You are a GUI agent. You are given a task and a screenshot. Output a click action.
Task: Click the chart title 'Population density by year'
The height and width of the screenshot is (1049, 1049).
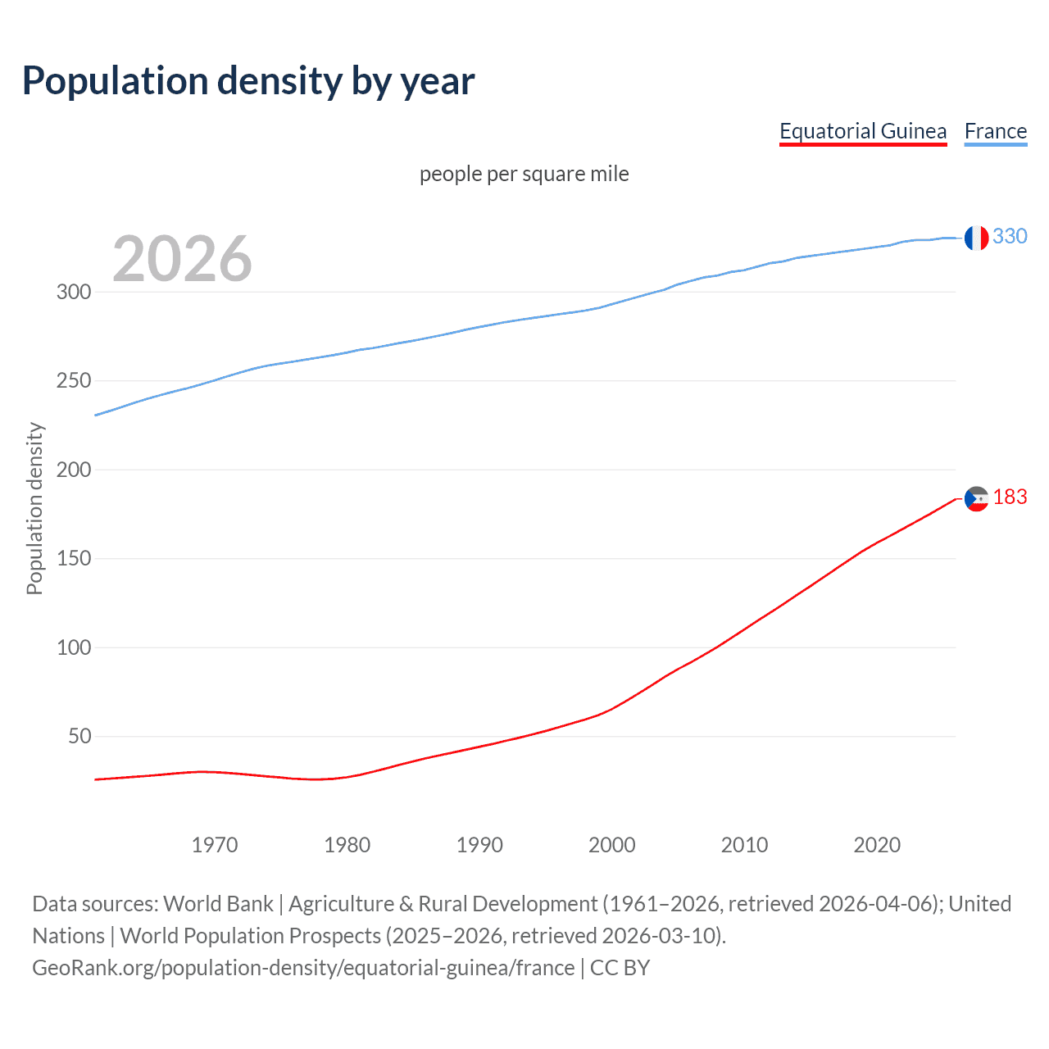tap(248, 81)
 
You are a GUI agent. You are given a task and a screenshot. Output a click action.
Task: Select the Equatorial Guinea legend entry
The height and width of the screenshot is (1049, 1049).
tap(862, 131)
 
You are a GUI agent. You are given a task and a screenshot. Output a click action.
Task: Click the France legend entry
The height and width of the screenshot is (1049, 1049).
tap(995, 131)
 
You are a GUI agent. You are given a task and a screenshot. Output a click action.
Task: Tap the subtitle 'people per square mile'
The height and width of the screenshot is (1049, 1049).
tap(524, 174)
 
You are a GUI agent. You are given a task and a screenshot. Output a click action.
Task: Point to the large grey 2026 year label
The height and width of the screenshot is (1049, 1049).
tap(182, 259)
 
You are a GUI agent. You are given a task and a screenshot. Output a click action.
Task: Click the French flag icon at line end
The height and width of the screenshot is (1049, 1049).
tap(976, 238)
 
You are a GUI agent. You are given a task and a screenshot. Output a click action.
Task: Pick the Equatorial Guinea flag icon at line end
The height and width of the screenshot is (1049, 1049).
tap(976, 498)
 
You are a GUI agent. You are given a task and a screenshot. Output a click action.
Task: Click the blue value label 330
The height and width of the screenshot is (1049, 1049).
tap(1010, 237)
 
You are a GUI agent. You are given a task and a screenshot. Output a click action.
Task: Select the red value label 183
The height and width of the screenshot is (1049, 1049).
tap(1010, 497)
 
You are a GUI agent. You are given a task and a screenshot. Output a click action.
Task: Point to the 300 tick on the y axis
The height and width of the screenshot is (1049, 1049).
tap(74, 292)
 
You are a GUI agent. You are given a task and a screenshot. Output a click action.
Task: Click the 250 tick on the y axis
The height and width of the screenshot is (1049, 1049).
tap(74, 381)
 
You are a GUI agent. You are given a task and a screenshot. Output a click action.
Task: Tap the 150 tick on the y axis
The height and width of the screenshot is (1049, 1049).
tap(74, 559)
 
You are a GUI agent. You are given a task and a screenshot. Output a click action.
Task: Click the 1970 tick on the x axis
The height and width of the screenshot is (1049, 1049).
tap(215, 845)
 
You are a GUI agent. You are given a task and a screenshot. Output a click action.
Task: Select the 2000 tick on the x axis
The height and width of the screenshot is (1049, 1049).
tap(612, 845)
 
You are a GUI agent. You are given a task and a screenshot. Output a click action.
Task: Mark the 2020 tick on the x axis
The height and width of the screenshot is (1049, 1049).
tap(877, 845)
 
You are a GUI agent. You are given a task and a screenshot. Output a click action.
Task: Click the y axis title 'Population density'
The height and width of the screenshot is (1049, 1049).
tap(34, 508)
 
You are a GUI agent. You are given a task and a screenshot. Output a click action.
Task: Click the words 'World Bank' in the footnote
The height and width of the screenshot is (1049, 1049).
tap(218, 904)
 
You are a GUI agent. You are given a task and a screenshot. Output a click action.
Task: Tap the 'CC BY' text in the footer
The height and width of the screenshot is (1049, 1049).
tap(620, 968)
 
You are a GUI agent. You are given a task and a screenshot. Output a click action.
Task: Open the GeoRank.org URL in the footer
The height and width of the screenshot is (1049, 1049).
tap(303, 968)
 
